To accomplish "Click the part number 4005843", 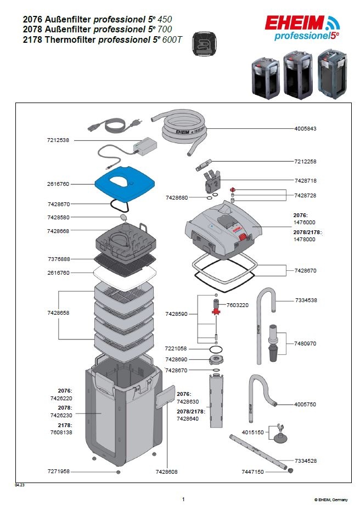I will pos(305,128).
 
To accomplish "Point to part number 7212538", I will pos(58,140).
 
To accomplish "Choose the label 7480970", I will pos(306,344).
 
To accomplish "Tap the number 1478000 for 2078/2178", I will pos(305,240).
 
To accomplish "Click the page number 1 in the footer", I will pos(183,499).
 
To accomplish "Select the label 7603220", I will pos(238,305).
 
